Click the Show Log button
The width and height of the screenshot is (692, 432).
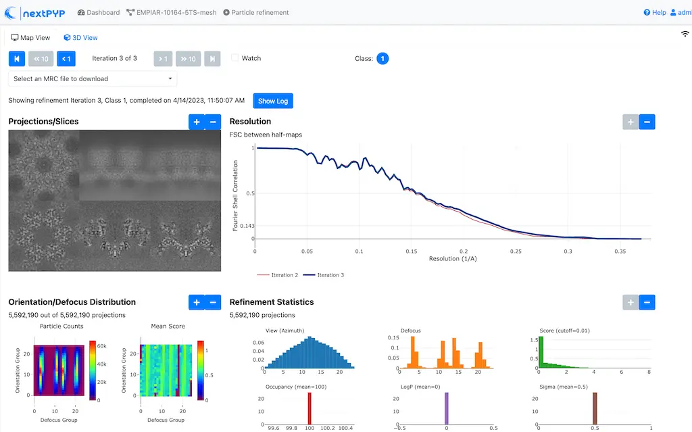click(x=273, y=101)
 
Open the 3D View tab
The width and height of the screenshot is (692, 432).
click(x=80, y=38)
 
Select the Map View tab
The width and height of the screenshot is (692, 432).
click(x=31, y=38)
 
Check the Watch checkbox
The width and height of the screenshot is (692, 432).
click(x=235, y=58)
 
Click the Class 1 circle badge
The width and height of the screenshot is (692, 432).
click(x=382, y=59)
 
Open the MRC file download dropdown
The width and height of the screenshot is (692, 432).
click(x=93, y=78)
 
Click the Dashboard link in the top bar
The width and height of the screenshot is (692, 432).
click(x=99, y=12)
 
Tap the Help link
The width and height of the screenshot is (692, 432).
click(x=655, y=12)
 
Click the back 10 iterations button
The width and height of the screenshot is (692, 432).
click(x=41, y=59)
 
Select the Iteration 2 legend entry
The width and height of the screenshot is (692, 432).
click(x=278, y=275)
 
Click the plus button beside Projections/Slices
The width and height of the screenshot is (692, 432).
click(x=197, y=122)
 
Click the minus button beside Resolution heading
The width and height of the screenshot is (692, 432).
click(x=647, y=122)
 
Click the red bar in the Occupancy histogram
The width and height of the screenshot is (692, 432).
click(x=310, y=408)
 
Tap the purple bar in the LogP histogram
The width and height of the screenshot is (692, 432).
click(x=447, y=408)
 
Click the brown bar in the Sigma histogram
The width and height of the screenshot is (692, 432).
click(x=595, y=408)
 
